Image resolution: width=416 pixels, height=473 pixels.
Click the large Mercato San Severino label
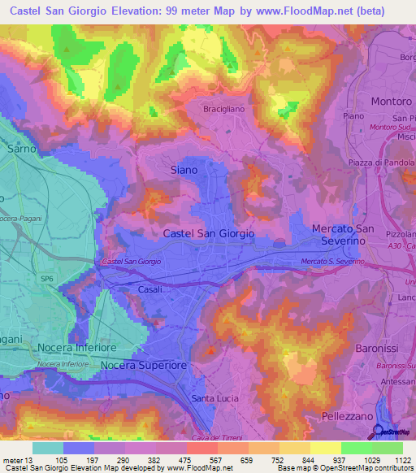350,236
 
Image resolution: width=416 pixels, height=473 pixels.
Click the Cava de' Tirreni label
217,438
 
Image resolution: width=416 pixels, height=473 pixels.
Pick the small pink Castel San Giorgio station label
132,261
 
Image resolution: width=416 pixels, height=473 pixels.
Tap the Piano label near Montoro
353,116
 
